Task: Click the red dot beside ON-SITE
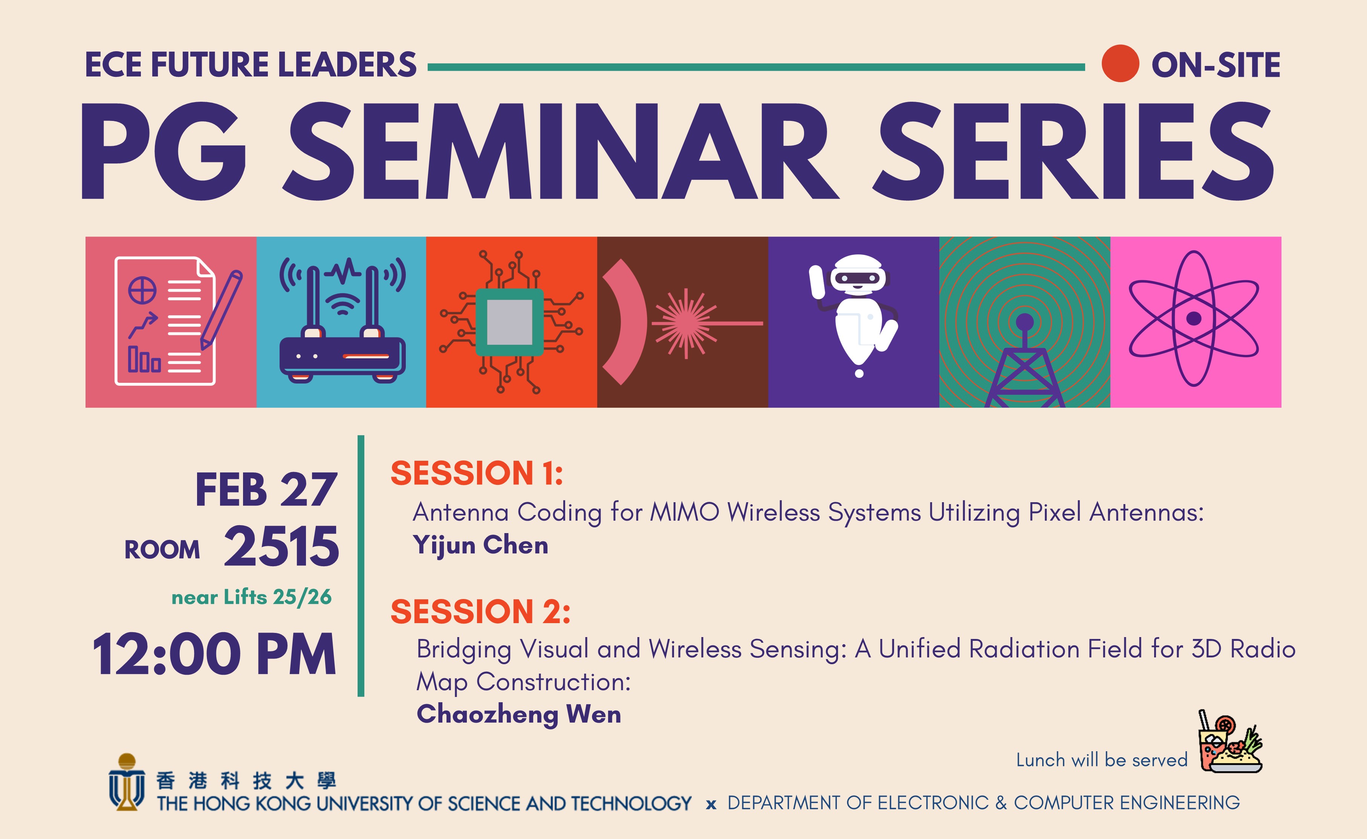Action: [x=1120, y=63]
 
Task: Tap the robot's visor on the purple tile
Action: [x=858, y=276]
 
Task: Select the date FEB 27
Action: [x=266, y=490]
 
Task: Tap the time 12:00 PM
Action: [x=215, y=654]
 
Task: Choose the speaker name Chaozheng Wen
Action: [x=519, y=714]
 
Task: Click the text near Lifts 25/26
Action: [x=251, y=597]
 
